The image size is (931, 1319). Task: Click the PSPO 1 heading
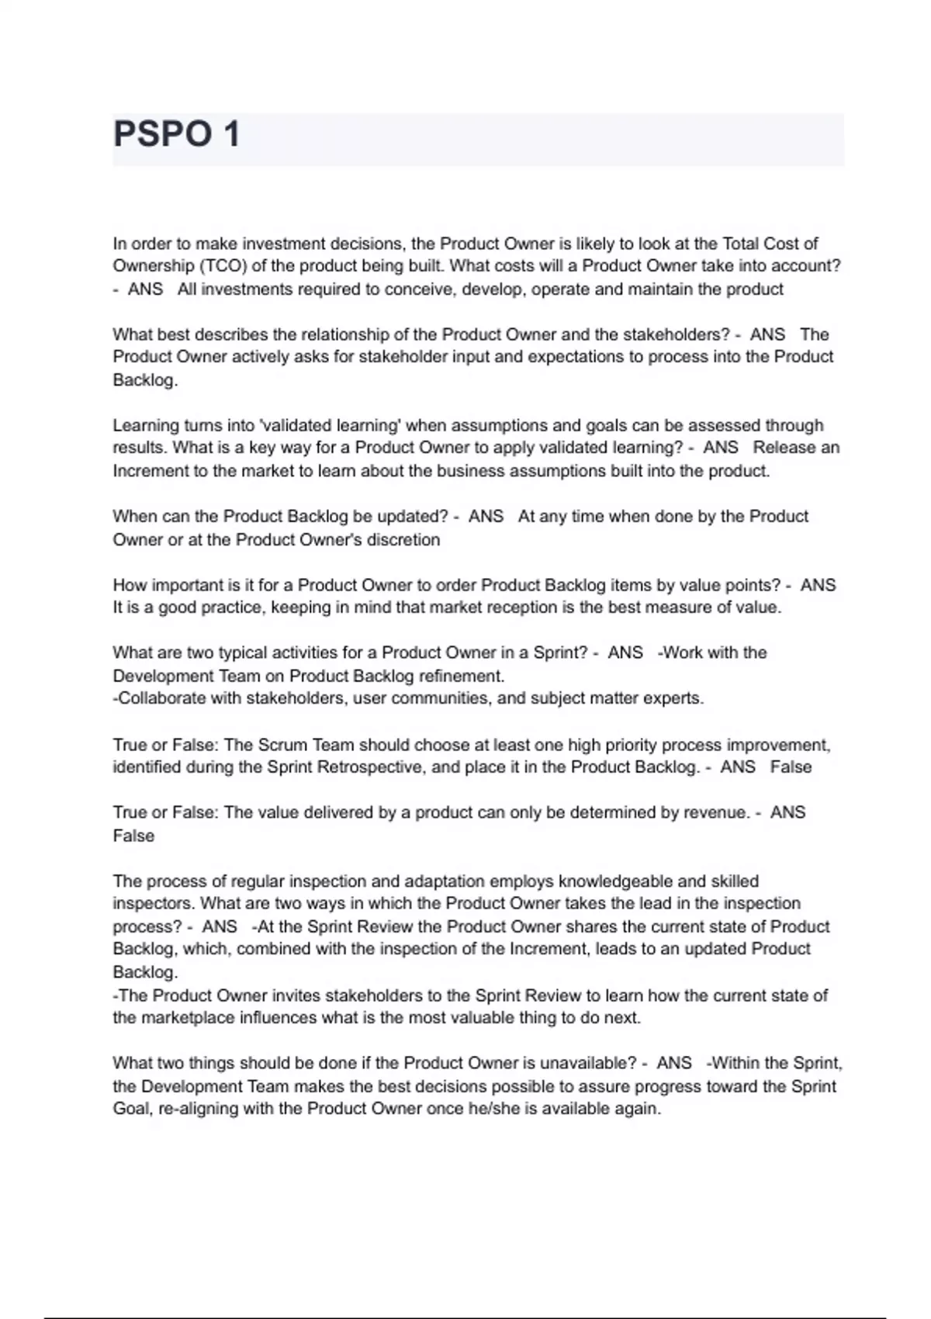pos(177,134)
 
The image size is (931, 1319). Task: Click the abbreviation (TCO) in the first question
pos(223,266)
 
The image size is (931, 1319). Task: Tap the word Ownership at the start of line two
pos(153,266)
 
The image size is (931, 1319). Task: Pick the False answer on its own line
pos(133,836)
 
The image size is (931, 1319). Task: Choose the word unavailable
pos(587,1063)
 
